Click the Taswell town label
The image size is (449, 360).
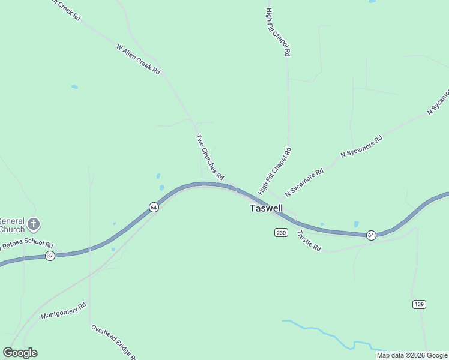point(266,208)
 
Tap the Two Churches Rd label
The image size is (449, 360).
point(209,157)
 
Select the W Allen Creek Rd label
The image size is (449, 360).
point(139,59)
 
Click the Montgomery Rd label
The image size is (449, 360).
point(64,311)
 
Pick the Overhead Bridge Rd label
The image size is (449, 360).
point(115,342)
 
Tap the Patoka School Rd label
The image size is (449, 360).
point(28,245)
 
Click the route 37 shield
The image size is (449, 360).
point(50,256)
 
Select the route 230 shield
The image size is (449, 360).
point(281,232)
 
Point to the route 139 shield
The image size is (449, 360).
point(420,304)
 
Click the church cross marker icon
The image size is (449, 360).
point(34,224)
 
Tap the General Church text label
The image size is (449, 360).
point(12,224)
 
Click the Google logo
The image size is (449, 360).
point(20,353)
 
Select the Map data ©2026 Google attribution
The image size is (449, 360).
point(412,355)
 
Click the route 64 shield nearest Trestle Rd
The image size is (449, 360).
point(372,234)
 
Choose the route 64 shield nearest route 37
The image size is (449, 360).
point(154,207)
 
